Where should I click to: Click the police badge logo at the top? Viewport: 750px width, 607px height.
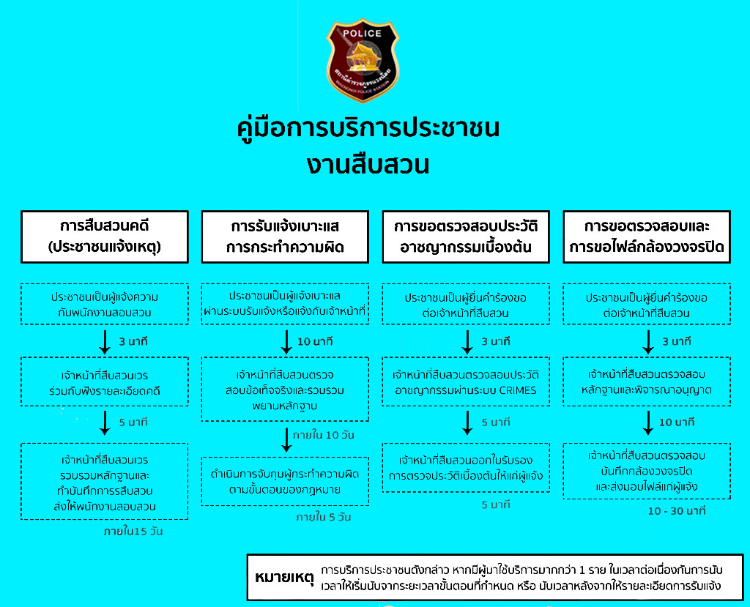363,61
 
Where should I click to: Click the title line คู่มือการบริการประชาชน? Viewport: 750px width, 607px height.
369,129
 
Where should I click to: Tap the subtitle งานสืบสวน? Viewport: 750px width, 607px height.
368,164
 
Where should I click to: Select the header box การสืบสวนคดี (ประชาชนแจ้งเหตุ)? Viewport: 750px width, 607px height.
105,237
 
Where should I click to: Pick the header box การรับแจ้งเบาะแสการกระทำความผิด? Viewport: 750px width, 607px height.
286,237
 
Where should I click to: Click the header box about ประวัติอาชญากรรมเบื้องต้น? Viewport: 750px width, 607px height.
466,237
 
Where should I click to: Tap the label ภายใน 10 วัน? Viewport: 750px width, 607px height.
319,435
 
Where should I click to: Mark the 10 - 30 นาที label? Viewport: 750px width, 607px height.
676,510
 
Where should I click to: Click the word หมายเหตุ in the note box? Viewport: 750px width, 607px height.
284,578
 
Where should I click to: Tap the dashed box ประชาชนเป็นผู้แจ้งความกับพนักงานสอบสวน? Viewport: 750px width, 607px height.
105,304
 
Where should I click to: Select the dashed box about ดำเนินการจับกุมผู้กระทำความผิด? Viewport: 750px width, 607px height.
286,481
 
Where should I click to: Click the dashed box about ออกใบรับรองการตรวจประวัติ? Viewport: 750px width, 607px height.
466,467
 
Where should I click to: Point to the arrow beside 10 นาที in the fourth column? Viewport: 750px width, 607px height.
647,422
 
